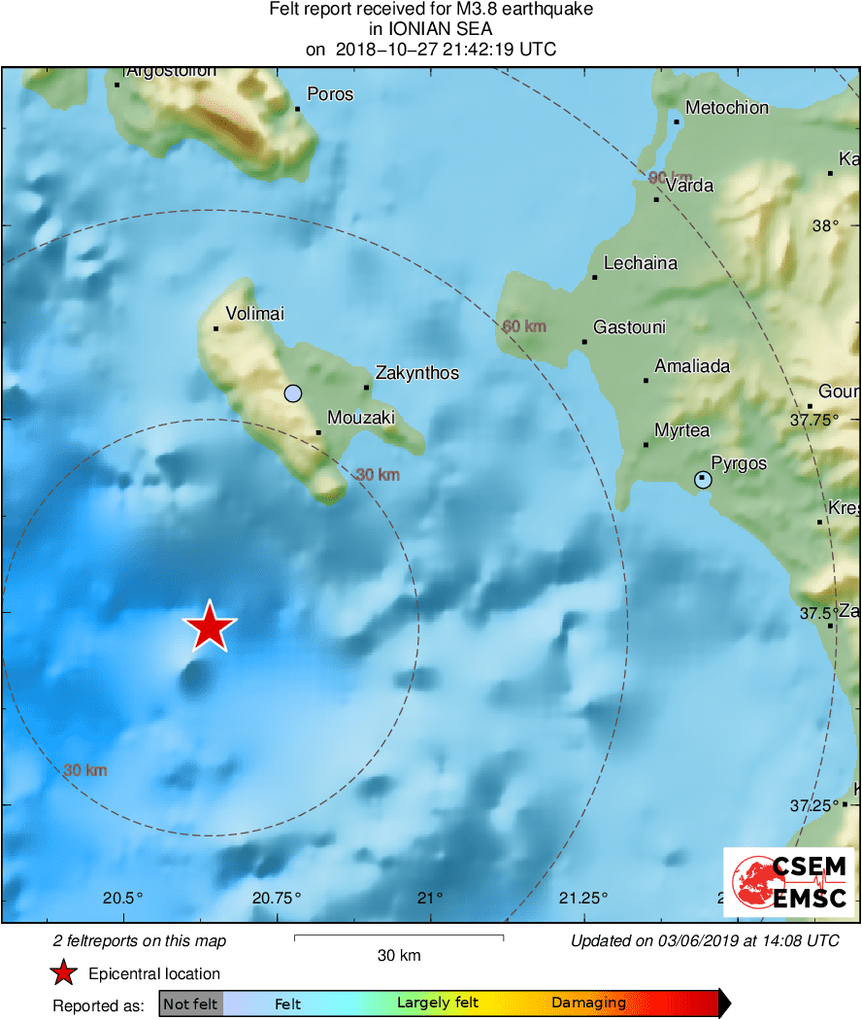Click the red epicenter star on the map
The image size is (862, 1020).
209,627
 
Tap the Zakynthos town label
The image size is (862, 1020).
416,373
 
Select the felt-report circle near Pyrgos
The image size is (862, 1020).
703,479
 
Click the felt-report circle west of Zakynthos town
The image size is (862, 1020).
292,393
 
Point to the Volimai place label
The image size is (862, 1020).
254,314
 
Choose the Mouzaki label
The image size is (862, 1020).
361,418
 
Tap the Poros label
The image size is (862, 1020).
330,94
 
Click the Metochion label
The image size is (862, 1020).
726,108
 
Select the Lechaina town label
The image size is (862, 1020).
640,263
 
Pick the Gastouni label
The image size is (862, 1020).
629,327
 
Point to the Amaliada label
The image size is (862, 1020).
692,366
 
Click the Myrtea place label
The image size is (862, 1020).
681,430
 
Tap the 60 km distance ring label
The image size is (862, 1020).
524,326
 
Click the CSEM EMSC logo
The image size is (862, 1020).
787,881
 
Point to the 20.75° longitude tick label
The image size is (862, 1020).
277,897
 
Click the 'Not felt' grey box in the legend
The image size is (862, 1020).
190,1003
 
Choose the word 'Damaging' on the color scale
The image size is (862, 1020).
588,1003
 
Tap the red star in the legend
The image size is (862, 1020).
64,972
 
